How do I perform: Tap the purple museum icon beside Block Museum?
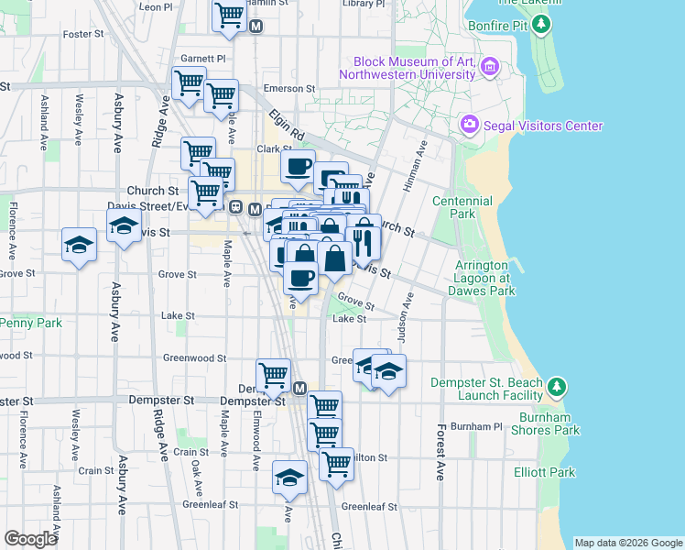point(490,66)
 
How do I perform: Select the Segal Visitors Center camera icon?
point(470,124)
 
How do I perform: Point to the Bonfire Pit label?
point(497,25)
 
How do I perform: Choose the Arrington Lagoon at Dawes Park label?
point(482,278)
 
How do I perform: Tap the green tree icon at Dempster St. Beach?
point(557,386)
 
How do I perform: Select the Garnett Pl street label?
point(202,58)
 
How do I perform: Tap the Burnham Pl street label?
point(477,427)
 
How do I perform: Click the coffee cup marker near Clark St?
point(298,166)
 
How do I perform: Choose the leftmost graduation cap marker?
point(80,245)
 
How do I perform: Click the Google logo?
point(31,539)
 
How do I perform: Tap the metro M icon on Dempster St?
point(299,388)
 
